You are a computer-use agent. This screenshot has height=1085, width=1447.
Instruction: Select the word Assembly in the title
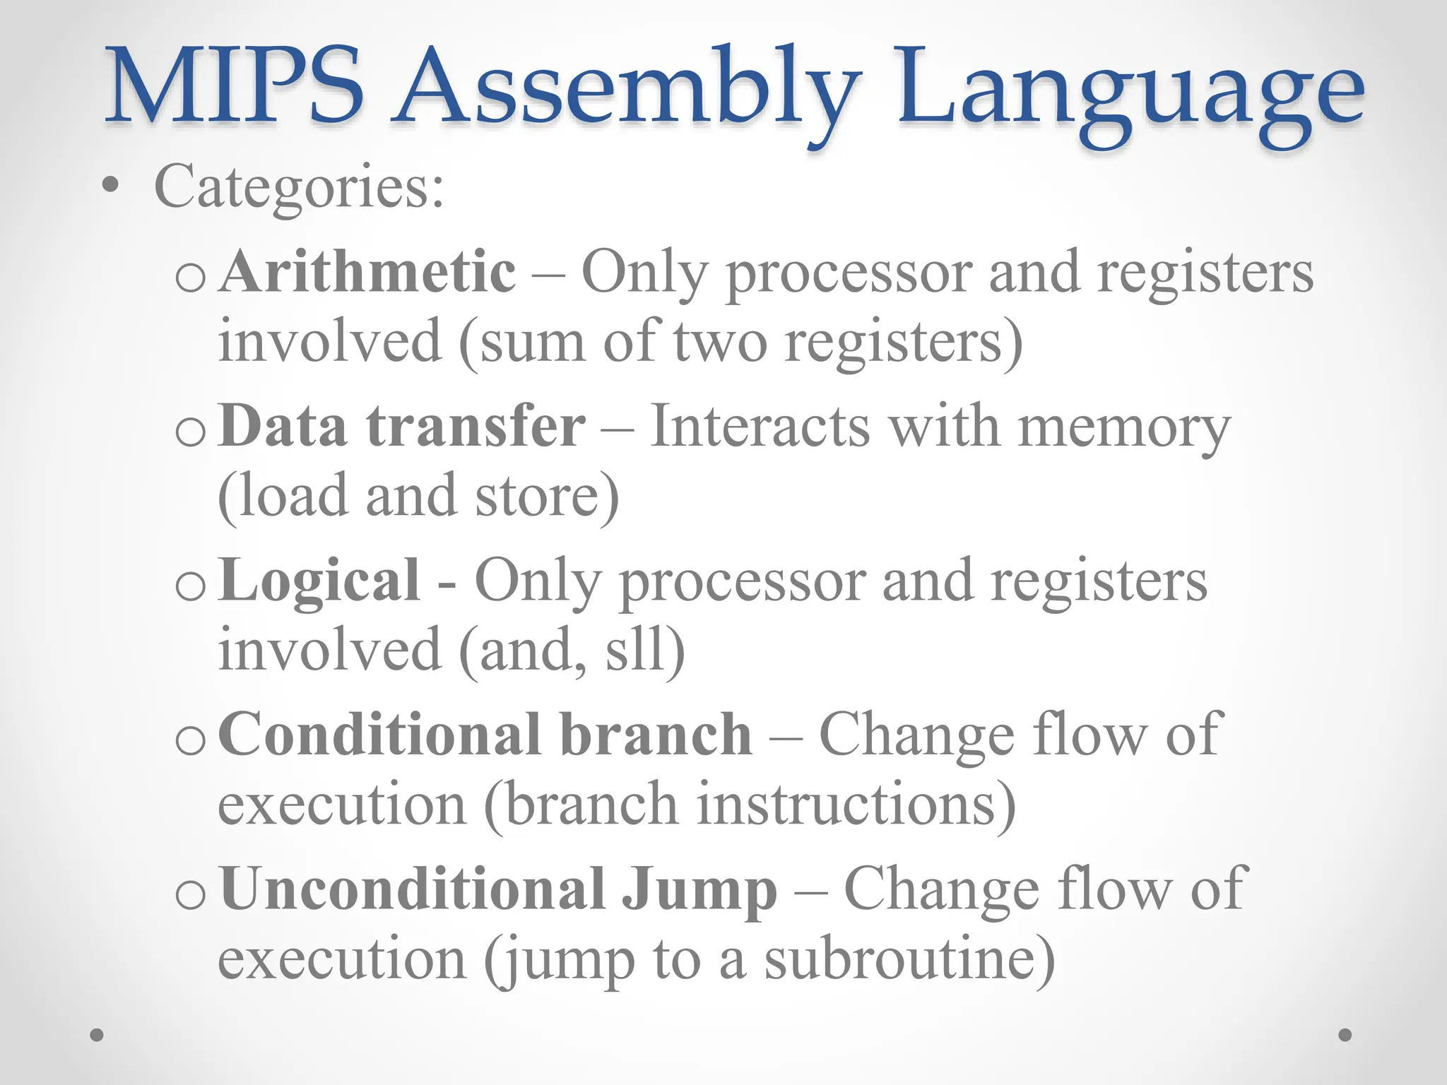[x=627, y=88]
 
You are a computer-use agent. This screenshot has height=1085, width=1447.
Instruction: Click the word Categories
[x=300, y=187]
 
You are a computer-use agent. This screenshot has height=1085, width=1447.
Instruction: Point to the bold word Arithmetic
[x=367, y=272]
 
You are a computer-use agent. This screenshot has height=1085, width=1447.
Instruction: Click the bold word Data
[x=283, y=426]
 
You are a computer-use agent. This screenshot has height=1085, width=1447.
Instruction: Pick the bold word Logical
[x=319, y=581]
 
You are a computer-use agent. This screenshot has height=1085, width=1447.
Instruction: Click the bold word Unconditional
[x=411, y=889]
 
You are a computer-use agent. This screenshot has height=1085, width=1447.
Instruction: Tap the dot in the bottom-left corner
[x=98, y=1035]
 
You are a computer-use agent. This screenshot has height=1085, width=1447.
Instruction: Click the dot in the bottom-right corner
[x=1345, y=1035]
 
